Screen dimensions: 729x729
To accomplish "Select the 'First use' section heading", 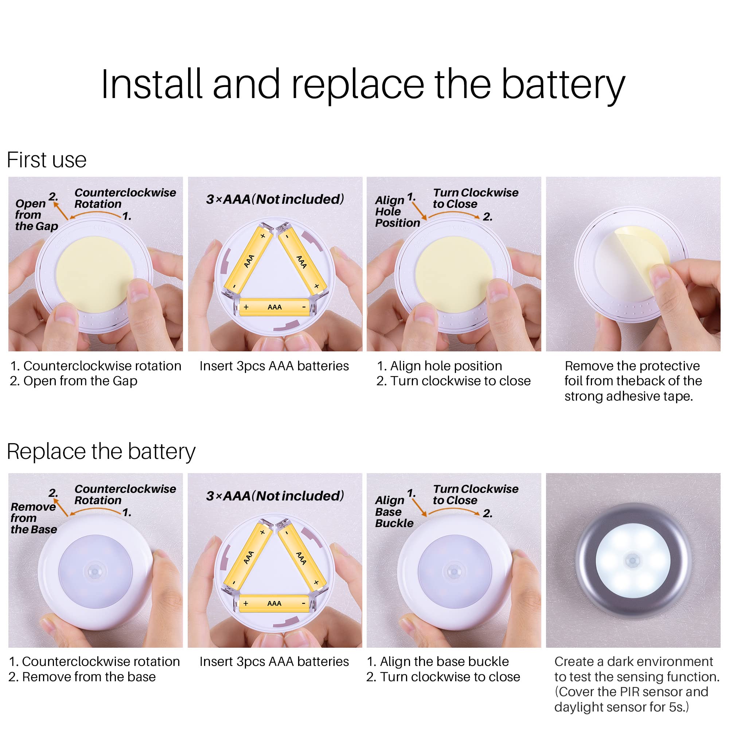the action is tap(46, 160).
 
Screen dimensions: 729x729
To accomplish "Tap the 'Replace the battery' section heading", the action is tap(101, 451).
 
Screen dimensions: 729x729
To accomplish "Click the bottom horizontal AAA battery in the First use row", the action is tap(274, 307).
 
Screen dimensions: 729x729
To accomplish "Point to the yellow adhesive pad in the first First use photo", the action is tap(94, 275).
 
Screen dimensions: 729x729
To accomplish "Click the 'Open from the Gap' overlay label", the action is tap(36, 215).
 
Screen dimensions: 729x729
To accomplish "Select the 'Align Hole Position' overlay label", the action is tap(397, 211).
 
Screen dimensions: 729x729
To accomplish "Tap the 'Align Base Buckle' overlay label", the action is tap(394, 512).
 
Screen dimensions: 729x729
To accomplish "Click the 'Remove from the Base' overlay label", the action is tap(34, 518).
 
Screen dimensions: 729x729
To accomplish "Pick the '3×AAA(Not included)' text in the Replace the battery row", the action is tap(275, 496).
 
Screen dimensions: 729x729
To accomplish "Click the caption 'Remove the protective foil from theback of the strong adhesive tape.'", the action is tap(633, 381).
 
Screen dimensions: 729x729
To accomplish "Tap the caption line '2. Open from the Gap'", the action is tap(74, 381).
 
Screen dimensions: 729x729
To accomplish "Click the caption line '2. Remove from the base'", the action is tap(82, 677).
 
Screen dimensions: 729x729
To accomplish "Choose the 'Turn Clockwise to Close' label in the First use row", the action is tap(475, 198).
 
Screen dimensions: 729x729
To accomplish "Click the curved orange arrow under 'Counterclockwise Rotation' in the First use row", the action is tap(96, 214).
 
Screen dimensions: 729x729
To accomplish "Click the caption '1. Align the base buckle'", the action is tap(438, 662).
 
